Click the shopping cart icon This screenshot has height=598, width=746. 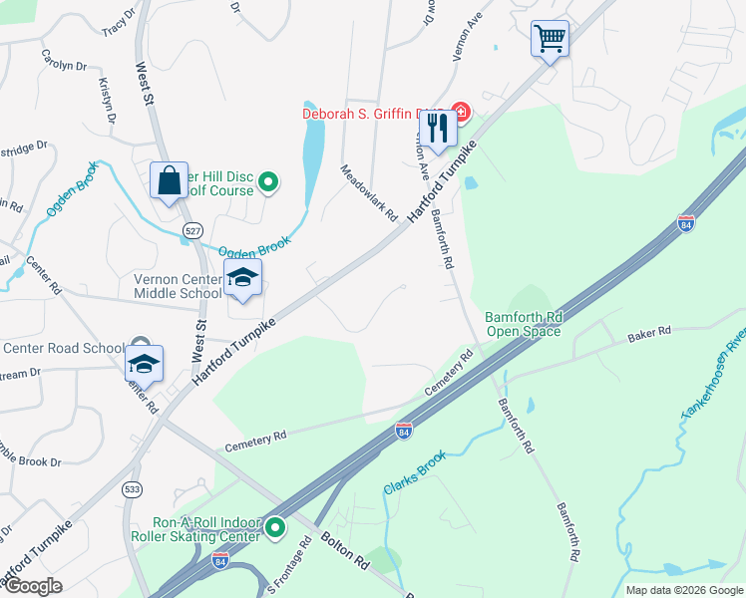[550, 40]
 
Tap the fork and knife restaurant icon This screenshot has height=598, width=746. [437, 130]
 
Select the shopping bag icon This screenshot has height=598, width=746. [169, 181]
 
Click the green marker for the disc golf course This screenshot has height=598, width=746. [267, 181]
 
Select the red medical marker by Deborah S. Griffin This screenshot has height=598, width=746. [460, 111]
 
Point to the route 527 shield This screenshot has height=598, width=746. [192, 230]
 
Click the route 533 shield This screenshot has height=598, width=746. [132, 489]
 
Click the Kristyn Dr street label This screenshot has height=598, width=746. [107, 104]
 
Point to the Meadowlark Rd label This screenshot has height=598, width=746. [370, 192]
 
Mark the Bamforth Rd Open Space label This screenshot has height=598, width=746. [524, 325]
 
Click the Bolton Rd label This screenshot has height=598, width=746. [345, 552]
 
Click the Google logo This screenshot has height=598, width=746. [33, 586]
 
